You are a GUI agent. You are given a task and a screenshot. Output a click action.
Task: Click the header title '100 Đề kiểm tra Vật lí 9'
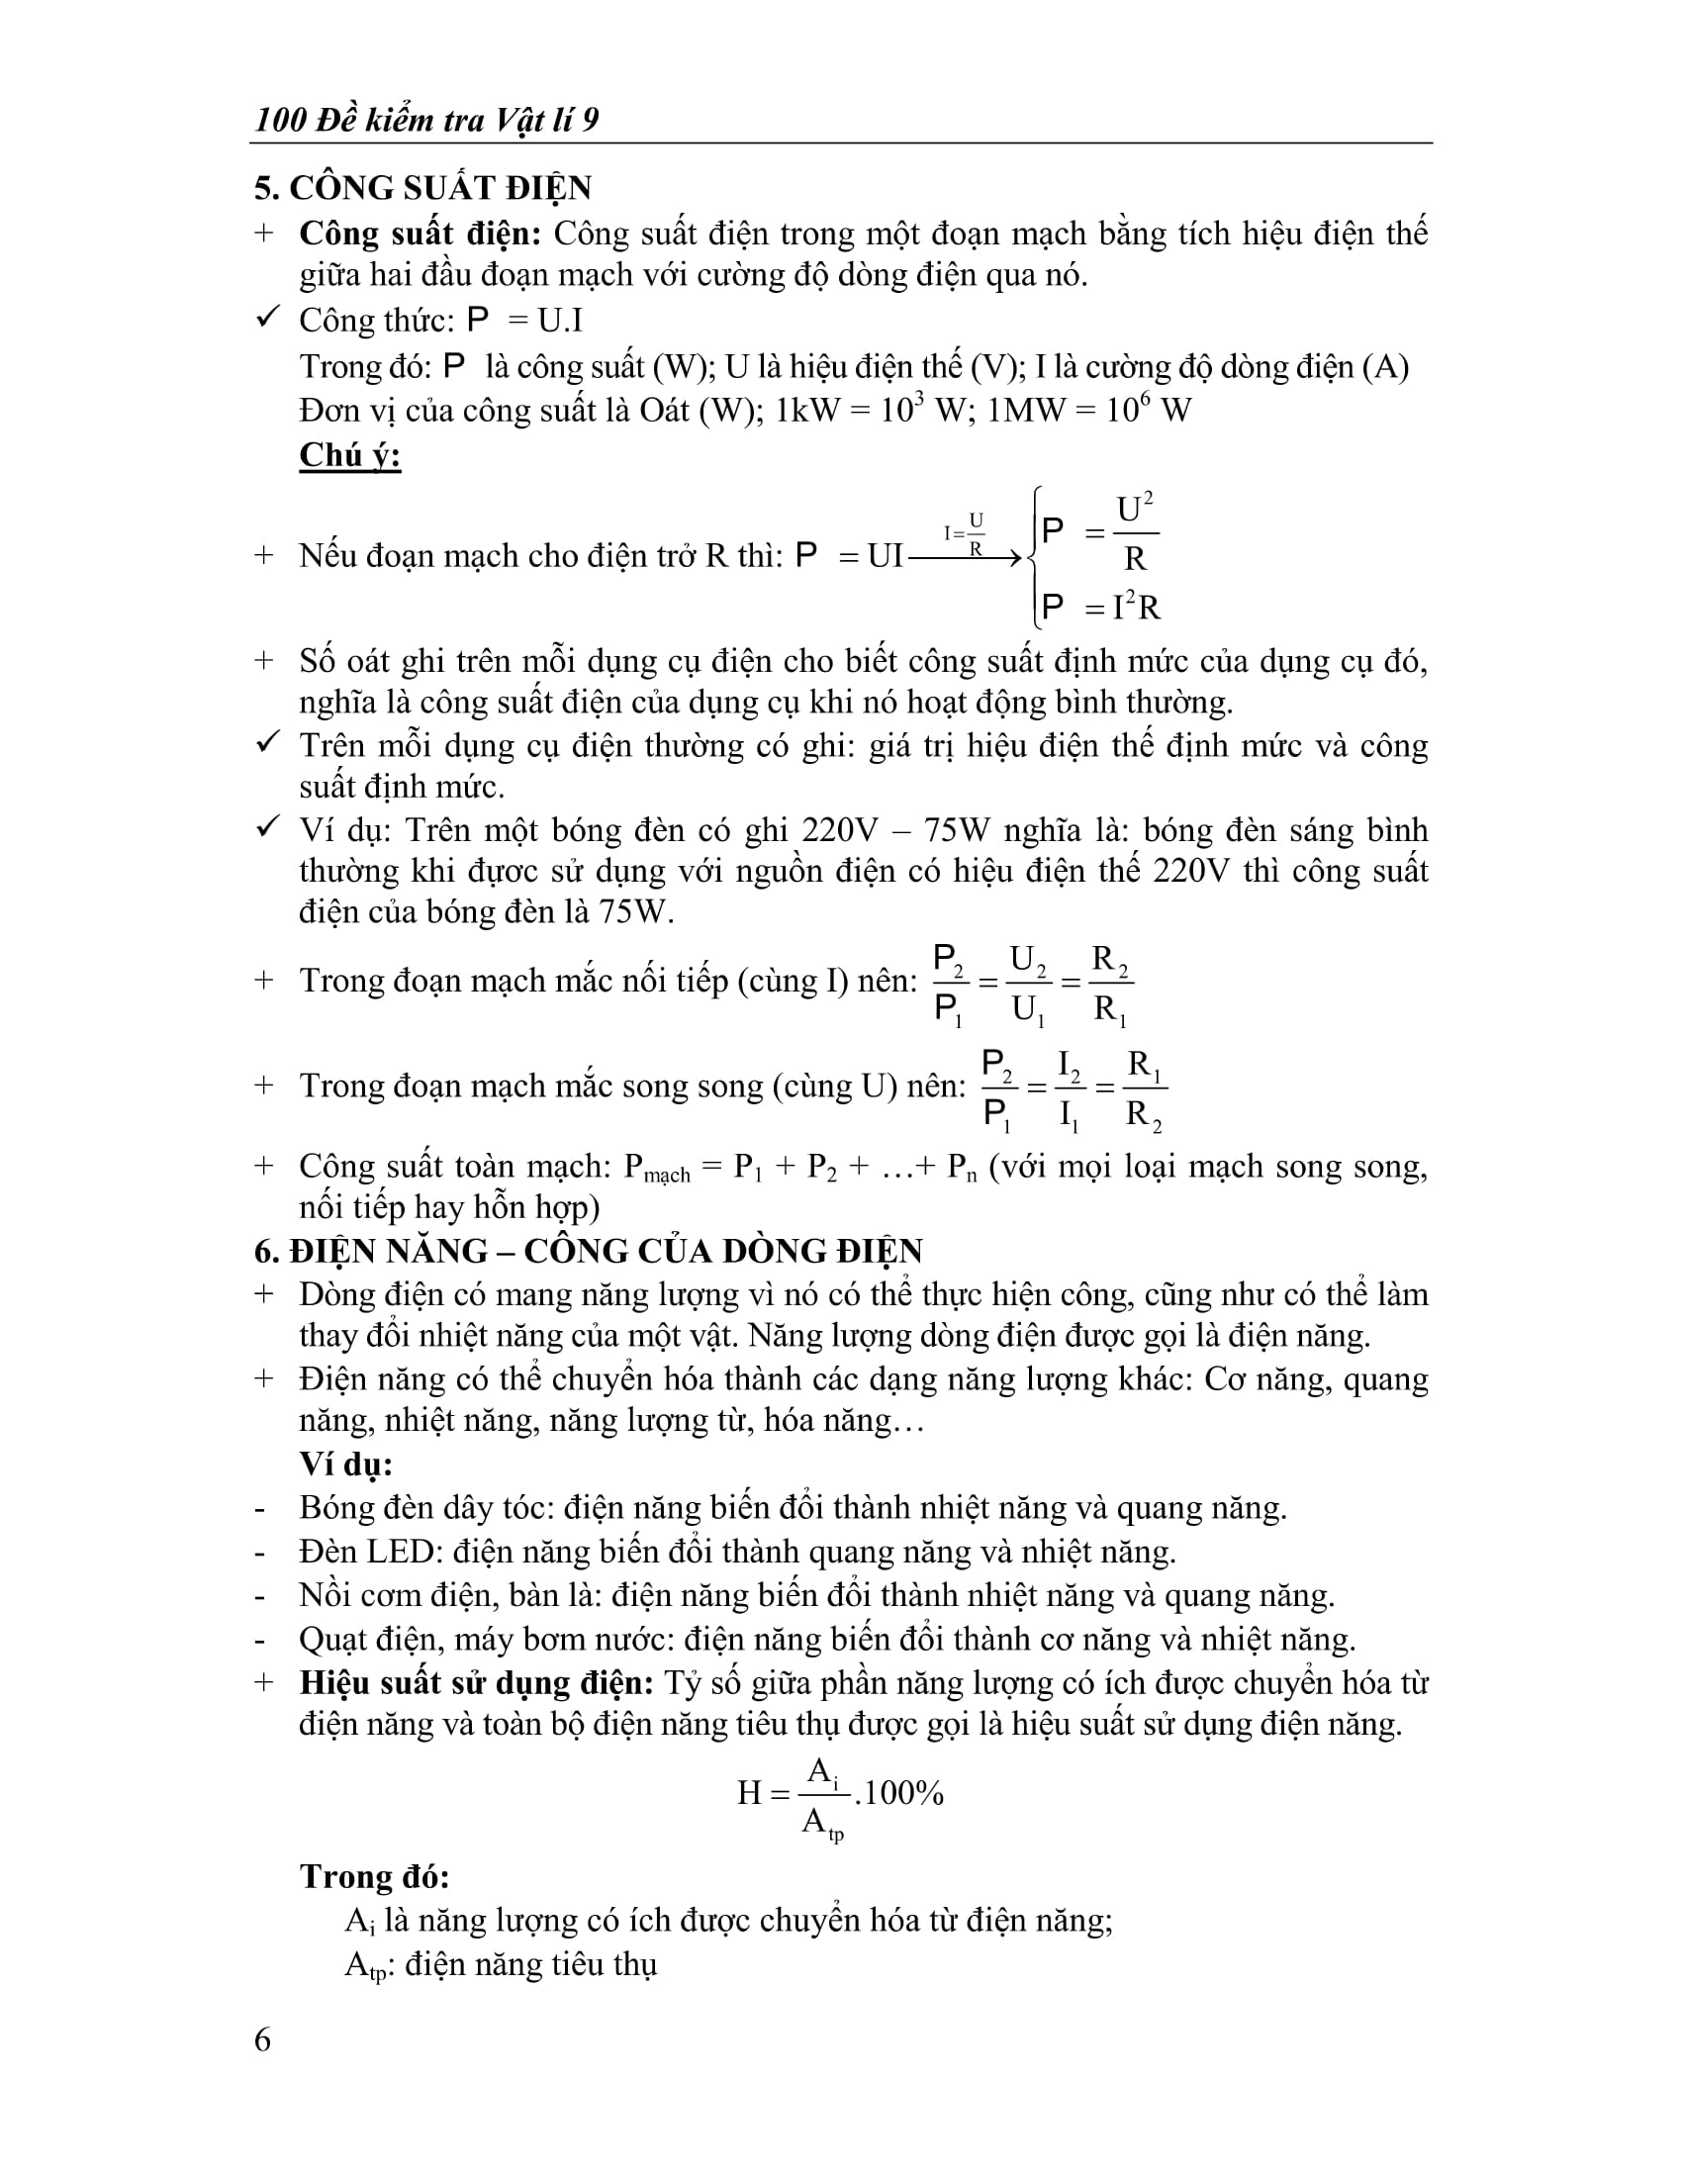(x=426, y=121)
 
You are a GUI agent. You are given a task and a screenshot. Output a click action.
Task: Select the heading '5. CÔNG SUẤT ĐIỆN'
(x=422, y=187)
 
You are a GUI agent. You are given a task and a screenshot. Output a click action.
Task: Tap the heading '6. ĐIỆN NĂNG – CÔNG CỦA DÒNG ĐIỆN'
(x=588, y=1251)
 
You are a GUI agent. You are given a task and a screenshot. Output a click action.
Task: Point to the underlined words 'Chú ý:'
(x=349, y=455)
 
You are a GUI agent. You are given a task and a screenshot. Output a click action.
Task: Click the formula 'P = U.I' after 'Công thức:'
(x=524, y=321)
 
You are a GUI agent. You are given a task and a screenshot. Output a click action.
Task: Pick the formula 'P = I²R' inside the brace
(x=1100, y=607)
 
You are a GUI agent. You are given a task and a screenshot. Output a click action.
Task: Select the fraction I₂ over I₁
(x=1070, y=1089)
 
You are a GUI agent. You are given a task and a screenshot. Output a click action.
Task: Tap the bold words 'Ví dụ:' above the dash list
(x=345, y=1465)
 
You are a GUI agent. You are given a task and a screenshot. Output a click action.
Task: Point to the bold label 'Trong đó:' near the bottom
(x=375, y=1877)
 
